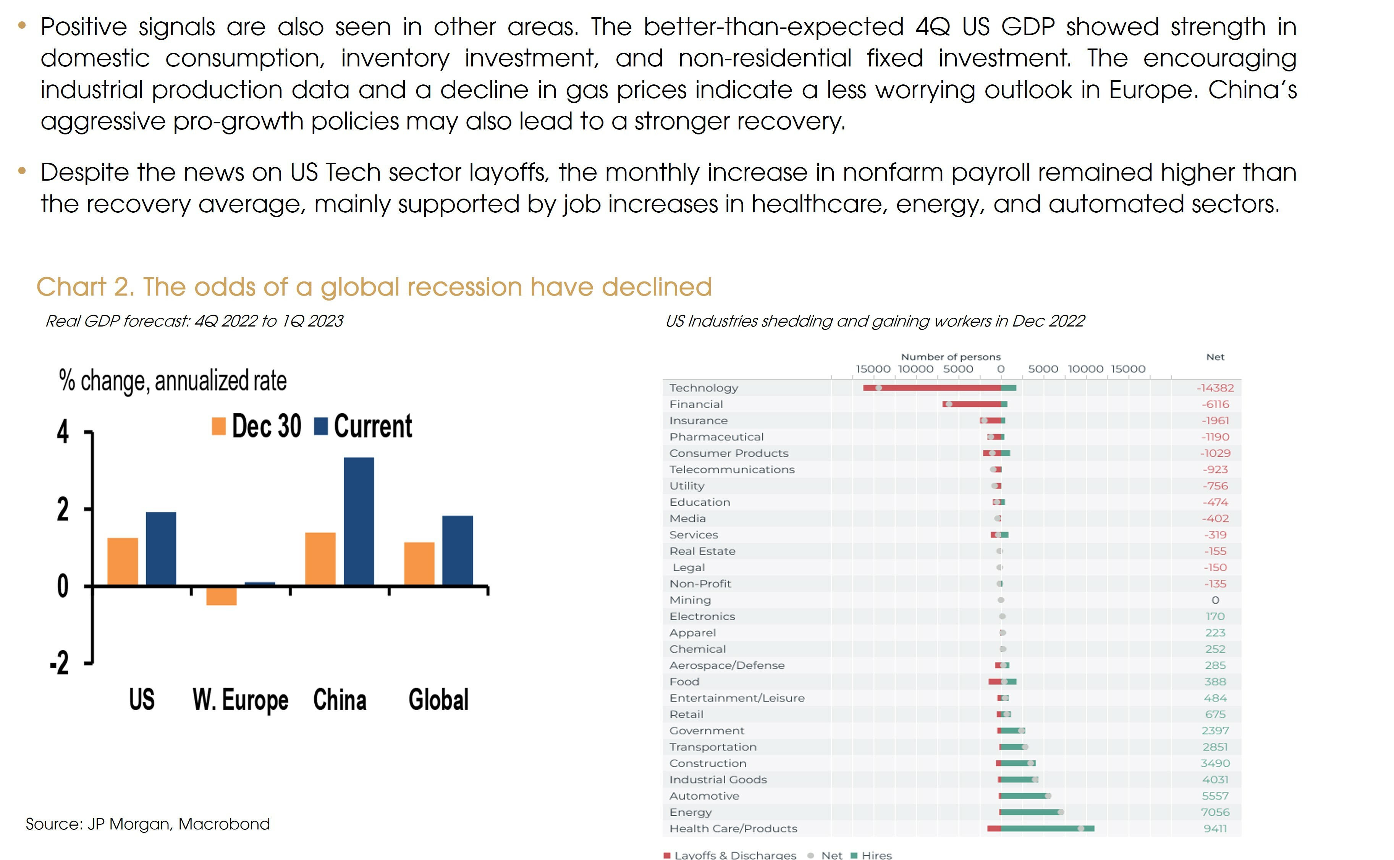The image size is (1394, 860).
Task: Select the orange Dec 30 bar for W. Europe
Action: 221,595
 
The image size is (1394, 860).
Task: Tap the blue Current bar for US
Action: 161,548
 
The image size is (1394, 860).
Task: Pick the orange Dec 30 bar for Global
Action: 419,563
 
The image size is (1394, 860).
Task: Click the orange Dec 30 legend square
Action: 219,427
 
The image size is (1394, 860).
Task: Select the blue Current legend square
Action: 321,427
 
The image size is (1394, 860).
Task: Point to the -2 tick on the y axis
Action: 60,663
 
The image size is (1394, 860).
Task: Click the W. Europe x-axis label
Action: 240,700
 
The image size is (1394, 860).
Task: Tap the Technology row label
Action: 703,388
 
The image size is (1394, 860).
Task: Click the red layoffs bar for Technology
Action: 933,388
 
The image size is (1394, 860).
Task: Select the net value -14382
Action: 1215,388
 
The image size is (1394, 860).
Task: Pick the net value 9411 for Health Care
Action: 1215,829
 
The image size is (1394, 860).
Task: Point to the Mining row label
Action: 690,600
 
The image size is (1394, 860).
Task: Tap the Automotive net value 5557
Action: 1215,796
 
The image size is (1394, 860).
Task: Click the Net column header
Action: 1215,357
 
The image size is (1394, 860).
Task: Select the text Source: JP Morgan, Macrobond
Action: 148,824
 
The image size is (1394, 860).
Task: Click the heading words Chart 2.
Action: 85,287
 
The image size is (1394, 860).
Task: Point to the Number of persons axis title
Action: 950,357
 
